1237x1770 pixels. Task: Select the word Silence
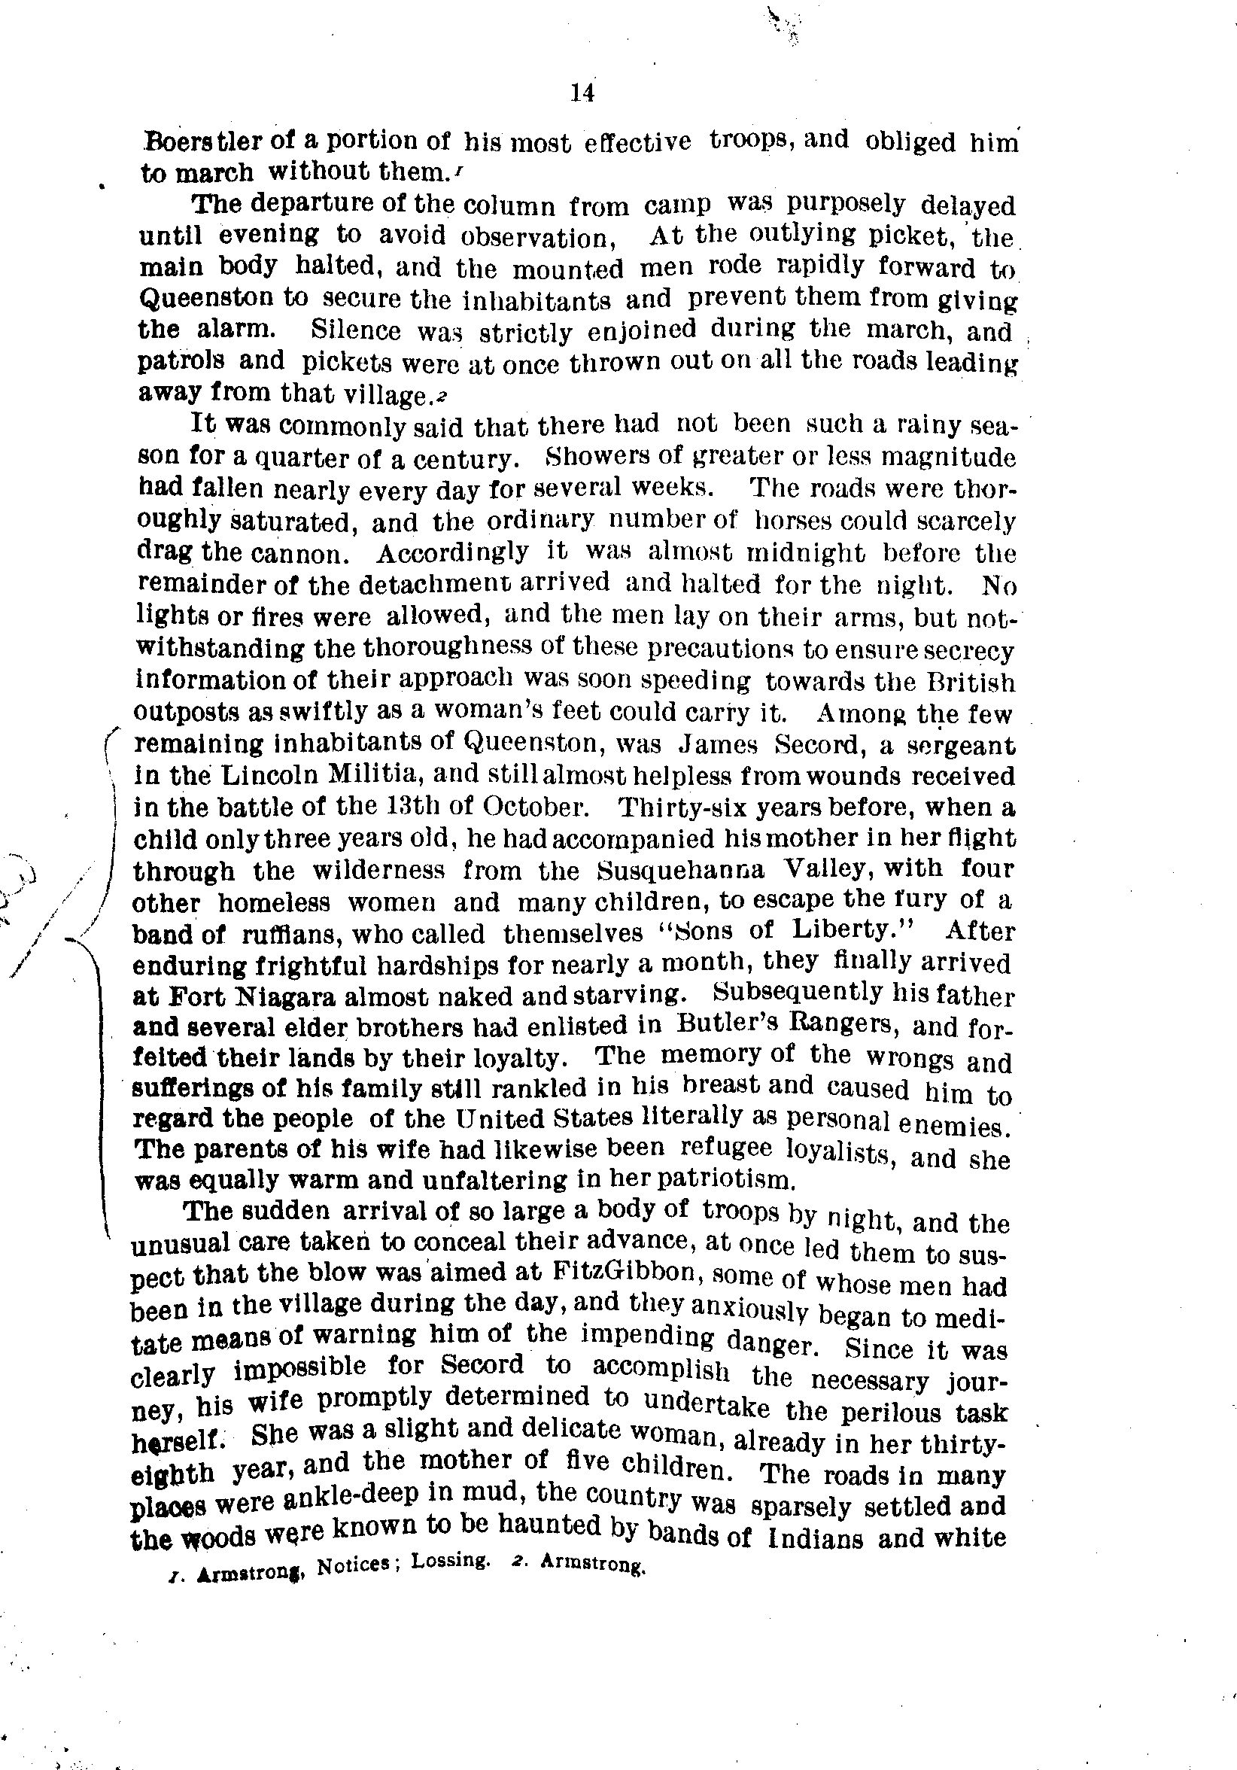(356, 330)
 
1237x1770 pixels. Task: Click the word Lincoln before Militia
(254, 775)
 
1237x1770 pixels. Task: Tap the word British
(974, 683)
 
